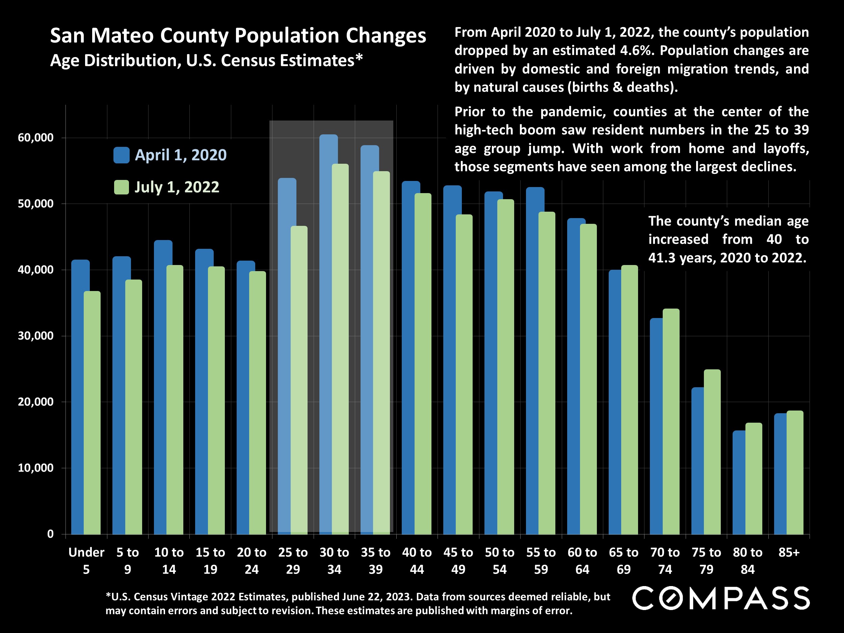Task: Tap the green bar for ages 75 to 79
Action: [x=712, y=452]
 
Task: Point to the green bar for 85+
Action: [x=795, y=472]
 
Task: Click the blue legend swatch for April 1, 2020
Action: [x=121, y=155]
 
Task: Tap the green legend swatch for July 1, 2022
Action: [x=121, y=187]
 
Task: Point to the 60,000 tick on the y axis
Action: [x=36, y=138]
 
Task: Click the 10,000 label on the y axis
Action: [x=36, y=468]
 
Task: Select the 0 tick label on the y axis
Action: [x=50, y=534]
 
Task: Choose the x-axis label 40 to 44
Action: [x=417, y=560]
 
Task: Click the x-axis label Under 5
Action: [x=86, y=560]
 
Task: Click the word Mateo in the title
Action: [x=123, y=36]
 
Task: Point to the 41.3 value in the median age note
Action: [x=662, y=258]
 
